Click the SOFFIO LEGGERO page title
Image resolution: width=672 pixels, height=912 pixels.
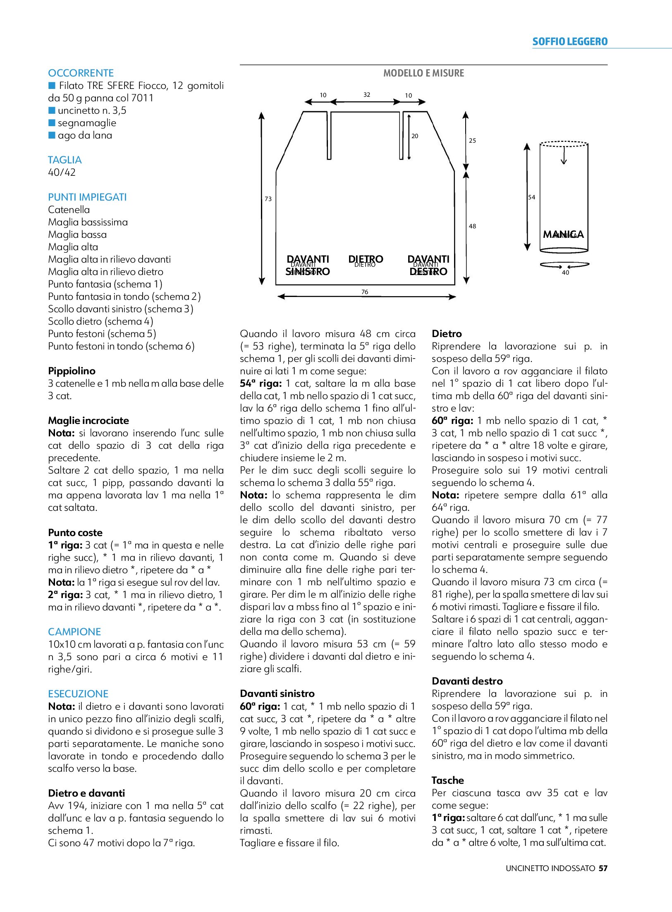570,42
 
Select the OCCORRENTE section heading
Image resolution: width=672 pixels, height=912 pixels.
81,73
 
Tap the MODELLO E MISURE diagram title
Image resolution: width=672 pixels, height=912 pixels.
423,73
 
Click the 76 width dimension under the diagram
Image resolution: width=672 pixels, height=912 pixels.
365,292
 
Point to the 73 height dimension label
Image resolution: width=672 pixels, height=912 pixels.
268,199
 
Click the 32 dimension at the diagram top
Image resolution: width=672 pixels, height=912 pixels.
367,95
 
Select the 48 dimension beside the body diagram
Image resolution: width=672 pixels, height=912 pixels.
472,226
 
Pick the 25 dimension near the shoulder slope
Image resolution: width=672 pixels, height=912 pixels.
472,141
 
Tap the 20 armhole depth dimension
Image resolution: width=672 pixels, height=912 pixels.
415,136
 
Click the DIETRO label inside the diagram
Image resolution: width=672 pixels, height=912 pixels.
366,260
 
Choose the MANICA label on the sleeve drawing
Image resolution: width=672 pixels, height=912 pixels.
563,235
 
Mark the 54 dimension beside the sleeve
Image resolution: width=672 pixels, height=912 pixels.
532,197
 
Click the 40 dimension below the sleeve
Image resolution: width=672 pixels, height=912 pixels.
565,273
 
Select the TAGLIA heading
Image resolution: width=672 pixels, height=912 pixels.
65,160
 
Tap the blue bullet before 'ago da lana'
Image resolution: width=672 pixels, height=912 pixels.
52,135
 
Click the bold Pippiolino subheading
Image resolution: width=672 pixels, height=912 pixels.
72,371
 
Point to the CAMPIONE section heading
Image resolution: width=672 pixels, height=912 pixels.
74,632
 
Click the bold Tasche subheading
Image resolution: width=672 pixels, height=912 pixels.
448,780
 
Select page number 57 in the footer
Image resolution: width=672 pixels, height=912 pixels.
603,868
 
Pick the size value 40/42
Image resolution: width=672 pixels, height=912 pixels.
62,172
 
